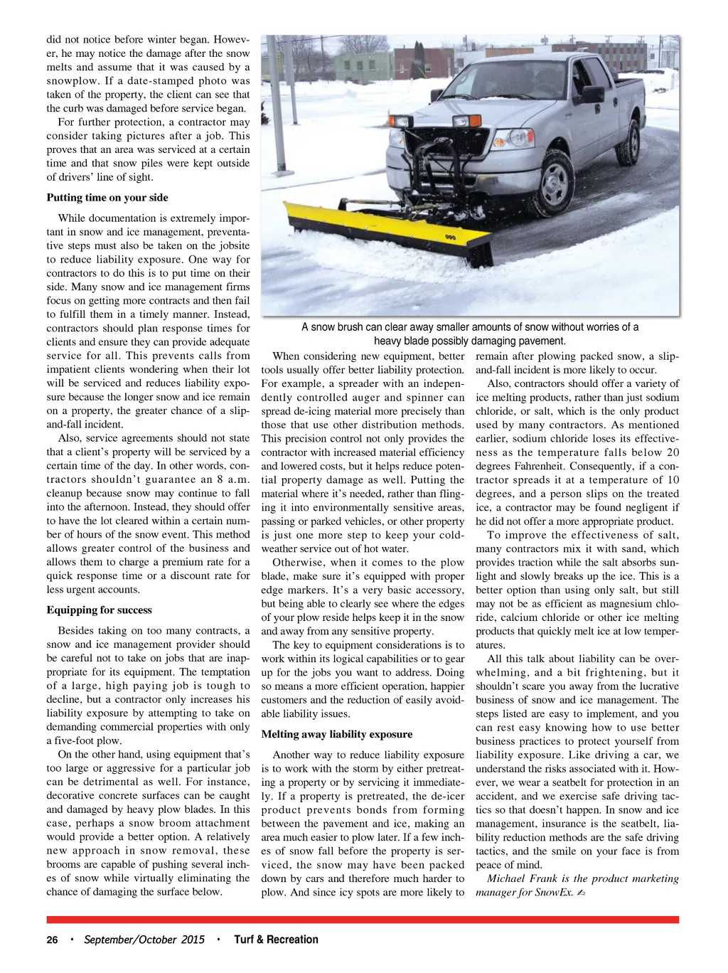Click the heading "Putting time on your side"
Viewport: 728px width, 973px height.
[x=107, y=198]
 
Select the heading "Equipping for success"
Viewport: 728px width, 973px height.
[x=100, y=610]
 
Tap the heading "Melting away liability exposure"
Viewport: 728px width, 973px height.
[x=336, y=735]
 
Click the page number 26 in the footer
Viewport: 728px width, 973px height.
[x=52, y=940]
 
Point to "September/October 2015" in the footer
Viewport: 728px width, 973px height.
[x=144, y=940]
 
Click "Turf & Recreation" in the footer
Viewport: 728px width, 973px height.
[x=277, y=940]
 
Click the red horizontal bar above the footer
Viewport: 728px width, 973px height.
[x=363, y=920]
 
